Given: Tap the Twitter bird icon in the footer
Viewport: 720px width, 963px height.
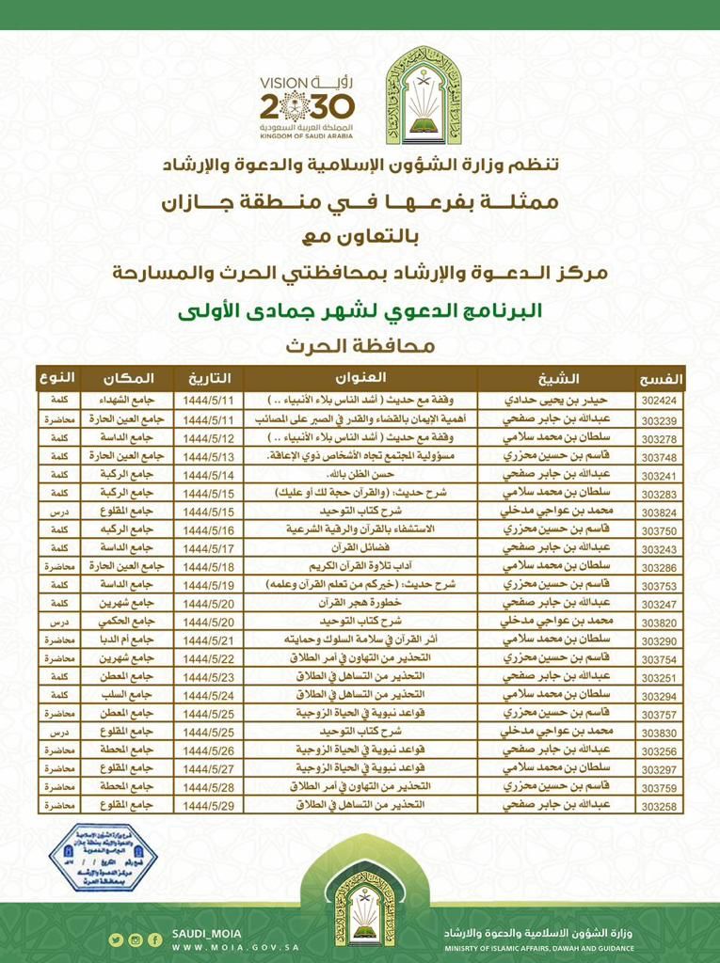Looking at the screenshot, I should pyautogui.click(x=115, y=939).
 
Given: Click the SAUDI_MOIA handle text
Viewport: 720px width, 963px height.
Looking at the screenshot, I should pyautogui.click(x=206, y=934).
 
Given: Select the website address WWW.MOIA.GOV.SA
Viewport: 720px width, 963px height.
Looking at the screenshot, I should pyautogui.click(x=235, y=947).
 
